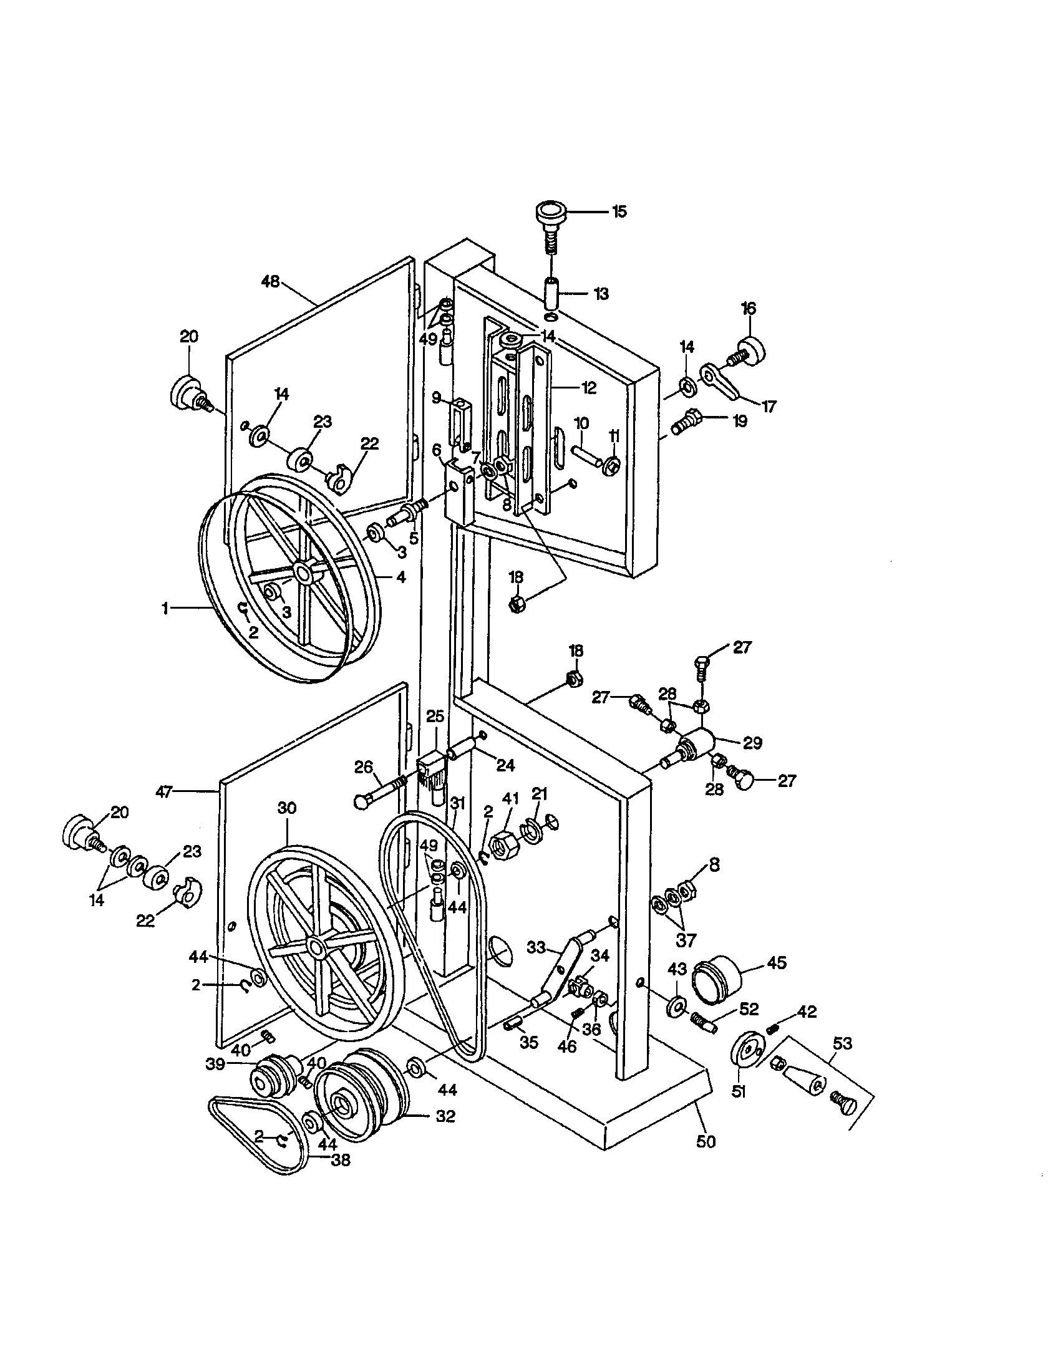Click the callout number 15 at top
pos(619,211)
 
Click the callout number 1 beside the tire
pos(165,607)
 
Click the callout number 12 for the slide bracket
pos(589,388)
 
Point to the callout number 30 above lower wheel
pos(286,808)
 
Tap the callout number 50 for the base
pos(706,1141)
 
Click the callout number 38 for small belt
pos(341,1161)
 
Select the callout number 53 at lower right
pos(842,1043)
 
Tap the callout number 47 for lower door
pos(164,792)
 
